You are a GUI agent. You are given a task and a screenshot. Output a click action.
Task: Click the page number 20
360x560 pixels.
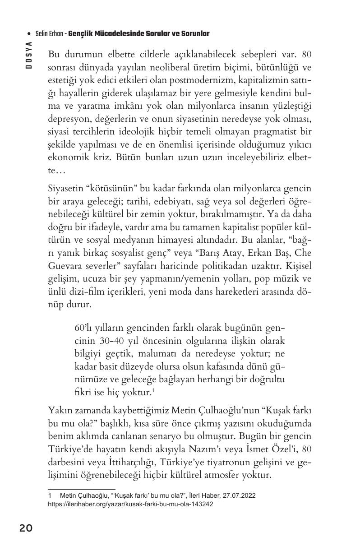26,528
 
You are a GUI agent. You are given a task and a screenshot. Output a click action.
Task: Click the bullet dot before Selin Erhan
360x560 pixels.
28,34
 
